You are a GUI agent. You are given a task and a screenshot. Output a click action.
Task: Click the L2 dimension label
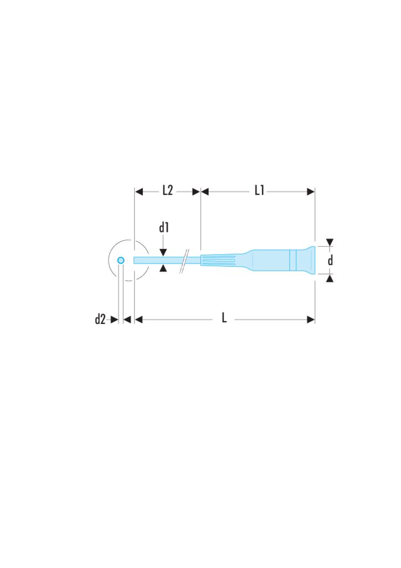point(167,191)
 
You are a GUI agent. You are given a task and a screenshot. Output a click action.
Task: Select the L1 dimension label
point(259,191)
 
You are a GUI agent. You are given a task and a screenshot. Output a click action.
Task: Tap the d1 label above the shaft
point(164,227)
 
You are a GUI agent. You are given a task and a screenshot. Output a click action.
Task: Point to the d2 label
point(100,319)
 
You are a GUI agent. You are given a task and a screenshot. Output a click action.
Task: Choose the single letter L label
point(224,319)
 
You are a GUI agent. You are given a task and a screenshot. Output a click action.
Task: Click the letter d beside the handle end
point(331,260)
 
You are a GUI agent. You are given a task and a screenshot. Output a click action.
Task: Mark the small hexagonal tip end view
point(121,260)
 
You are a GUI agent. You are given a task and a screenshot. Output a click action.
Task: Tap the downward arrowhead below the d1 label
point(163,252)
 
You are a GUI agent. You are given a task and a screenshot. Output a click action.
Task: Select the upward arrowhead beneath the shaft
point(163,268)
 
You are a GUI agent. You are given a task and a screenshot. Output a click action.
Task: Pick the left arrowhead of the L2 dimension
point(140,192)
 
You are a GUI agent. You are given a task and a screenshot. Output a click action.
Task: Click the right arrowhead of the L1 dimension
point(311,192)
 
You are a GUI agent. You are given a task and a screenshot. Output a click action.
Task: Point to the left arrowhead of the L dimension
point(140,319)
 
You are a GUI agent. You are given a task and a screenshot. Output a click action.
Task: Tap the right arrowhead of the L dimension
point(311,319)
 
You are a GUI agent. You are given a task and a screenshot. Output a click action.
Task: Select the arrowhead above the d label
point(330,242)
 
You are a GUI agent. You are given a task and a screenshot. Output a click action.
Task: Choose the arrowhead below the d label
point(330,278)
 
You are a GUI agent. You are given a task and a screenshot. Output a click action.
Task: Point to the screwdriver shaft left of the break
point(158,260)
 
